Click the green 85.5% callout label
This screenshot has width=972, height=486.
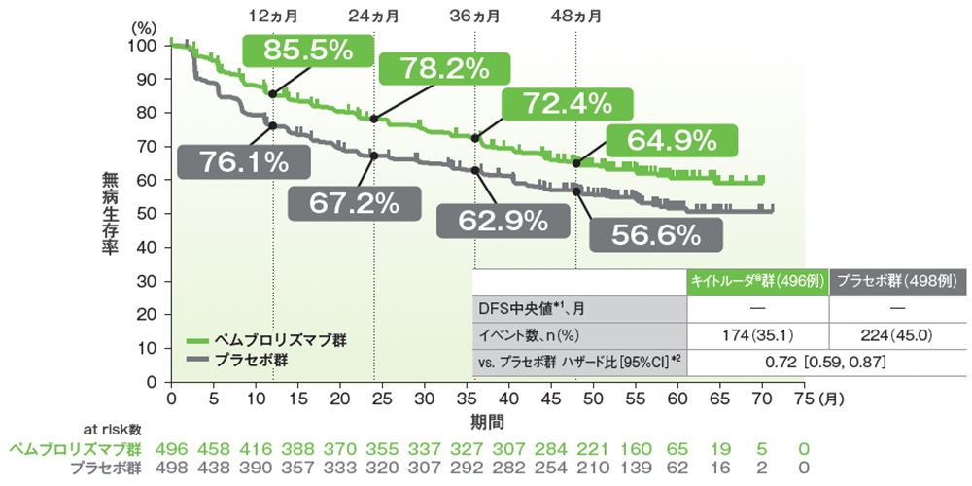pos(306,51)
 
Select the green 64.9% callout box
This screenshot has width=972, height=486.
pos(672,141)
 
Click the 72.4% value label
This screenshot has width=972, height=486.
pos(566,104)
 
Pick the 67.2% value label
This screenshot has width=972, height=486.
pos(355,202)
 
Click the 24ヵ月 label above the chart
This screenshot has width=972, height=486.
pos(374,16)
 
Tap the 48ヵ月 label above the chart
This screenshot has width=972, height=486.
pos(575,16)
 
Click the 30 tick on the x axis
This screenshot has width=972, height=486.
pos(425,399)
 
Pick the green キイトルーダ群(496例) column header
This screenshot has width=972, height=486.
pos(758,280)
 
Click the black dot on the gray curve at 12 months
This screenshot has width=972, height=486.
pos(273,126)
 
